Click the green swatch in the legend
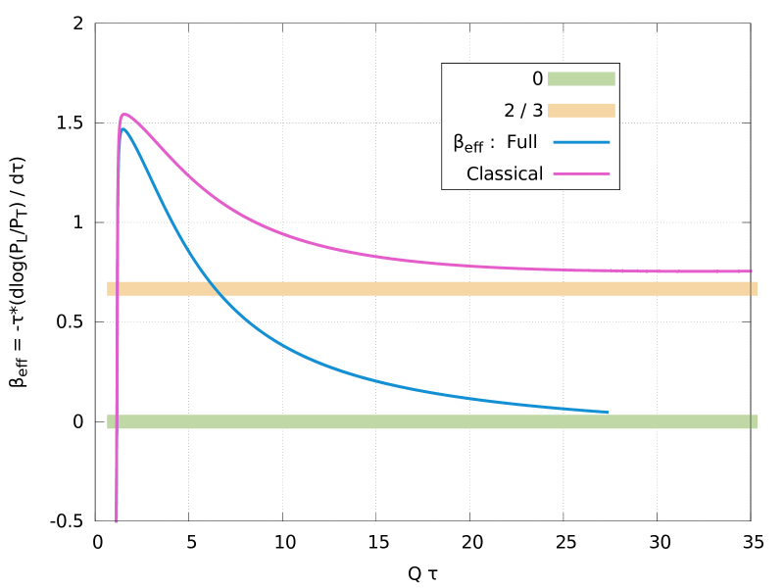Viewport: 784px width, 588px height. pos(581,79)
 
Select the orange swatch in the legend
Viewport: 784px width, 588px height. pos(581,111)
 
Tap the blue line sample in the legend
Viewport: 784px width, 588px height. pos(581,142)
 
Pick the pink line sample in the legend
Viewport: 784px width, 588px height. pos(581,173)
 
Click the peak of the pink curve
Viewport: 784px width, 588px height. pos(124,115)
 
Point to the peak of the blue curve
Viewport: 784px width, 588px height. pos(122,128)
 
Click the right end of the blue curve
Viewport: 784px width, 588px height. pos(607,413)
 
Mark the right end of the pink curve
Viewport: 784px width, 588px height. pos(751,271)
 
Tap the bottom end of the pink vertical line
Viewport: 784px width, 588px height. pos(117,520)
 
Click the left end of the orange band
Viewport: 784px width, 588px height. pos(108,288)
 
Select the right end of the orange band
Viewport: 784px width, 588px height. pos(757,288)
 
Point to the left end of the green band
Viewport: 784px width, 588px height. pos(108,421)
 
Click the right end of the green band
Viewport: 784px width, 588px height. pos(757,421)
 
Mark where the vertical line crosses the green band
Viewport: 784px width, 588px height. pos(117,421)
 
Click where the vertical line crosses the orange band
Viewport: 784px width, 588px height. pos(117,288)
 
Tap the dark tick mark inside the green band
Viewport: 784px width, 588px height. pos(751,421)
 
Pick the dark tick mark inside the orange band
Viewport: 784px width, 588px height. pos(751,288)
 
